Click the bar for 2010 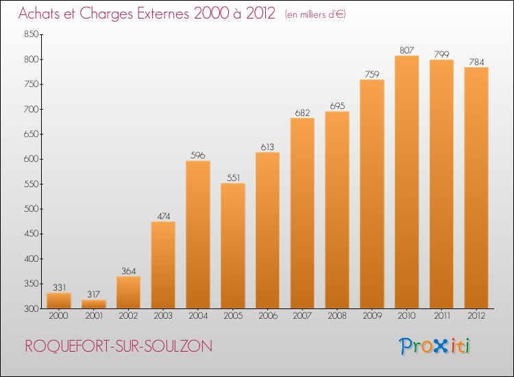point(406,182)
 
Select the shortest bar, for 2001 point(94,304)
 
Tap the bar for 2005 point(233,246)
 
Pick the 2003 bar point(163,265)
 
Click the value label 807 point(406,50)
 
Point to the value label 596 point(197,155)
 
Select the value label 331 point(60,287)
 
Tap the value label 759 point(371,75)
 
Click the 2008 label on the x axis point(337,316)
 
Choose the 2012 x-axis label point(476,316)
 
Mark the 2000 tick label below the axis point(58,316)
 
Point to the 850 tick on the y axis point(31,34)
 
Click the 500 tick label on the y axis point(31,209)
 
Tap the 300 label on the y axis point(31,308)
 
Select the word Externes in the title point(163,14)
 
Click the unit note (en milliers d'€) point(315,14)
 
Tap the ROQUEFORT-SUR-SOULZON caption point(119,346)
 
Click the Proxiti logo point(435,346)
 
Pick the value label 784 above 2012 point(476,62)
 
